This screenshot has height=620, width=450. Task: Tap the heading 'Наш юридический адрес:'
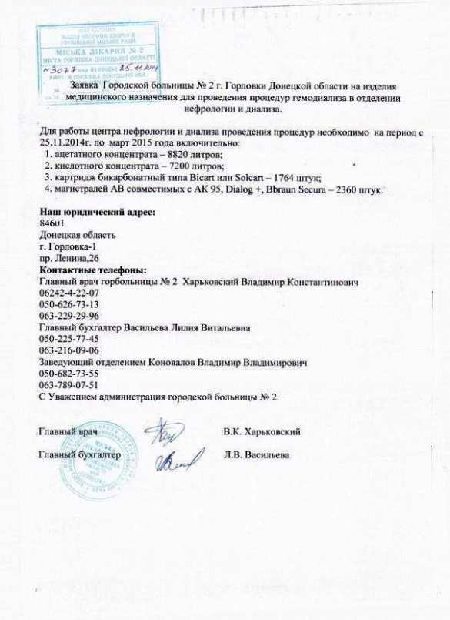click(96, 212)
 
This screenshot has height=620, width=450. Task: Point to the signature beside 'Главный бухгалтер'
click(173, 460)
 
